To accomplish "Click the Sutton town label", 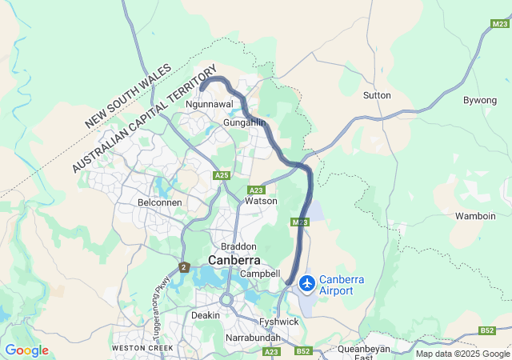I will tap(377, 95).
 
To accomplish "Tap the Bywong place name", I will tap(479, 100).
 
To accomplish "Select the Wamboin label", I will tap(475, 216).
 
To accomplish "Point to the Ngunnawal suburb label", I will tap(208, 105).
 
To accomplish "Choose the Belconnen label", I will tap(160, 202).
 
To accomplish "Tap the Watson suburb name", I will tap(261, 201).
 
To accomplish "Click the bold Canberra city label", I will tap(234, 260).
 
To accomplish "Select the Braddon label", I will tap(239, 246).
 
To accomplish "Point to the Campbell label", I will tap(260, 274).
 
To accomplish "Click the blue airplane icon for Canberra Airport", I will tap(306, 283).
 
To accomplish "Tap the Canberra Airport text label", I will tap(342, 285).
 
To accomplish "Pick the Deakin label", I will tap(205, 315).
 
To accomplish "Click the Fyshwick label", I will tap(279, 322).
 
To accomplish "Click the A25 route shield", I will tap(222, 175).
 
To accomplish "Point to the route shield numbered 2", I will tap(184, 267).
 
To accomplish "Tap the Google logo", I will tap(26, 350).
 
